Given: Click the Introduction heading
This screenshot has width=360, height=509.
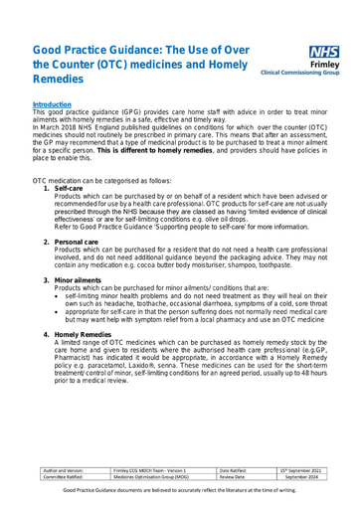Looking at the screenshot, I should [x=53, y=102].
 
